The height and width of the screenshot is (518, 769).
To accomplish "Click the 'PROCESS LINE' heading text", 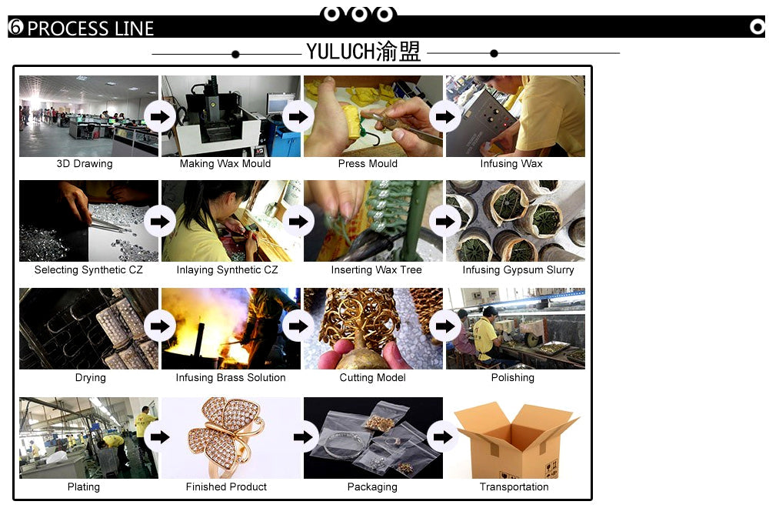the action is (90, 28).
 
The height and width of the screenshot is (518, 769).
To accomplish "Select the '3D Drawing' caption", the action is (85, 163).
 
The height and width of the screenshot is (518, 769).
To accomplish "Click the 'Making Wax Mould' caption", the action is (225, 163).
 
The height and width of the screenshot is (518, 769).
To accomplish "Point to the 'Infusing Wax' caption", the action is (511, 163).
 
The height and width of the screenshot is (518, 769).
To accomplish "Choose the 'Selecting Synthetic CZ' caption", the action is (88, 269).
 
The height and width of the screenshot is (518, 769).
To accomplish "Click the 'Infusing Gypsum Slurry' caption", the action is (518, 269).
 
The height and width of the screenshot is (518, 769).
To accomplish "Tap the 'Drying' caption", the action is (90, 378).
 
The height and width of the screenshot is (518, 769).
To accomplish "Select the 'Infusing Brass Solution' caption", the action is (231, 378).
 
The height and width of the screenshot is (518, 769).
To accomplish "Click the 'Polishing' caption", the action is (512, 378).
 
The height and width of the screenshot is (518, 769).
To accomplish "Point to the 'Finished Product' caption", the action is (226, 486).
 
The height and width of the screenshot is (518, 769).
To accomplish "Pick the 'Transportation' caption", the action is (514, 486).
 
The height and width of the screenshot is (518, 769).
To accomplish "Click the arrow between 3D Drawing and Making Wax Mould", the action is (159, 117).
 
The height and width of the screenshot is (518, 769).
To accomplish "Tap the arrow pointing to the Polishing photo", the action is (444, 326).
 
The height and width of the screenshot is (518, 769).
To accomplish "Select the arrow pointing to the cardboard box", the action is (443, 437).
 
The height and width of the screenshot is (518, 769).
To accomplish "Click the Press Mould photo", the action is (373, 116).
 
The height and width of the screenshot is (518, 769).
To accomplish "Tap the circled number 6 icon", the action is (15, 27).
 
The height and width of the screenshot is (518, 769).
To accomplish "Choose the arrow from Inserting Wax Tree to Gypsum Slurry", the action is (444, 222).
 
